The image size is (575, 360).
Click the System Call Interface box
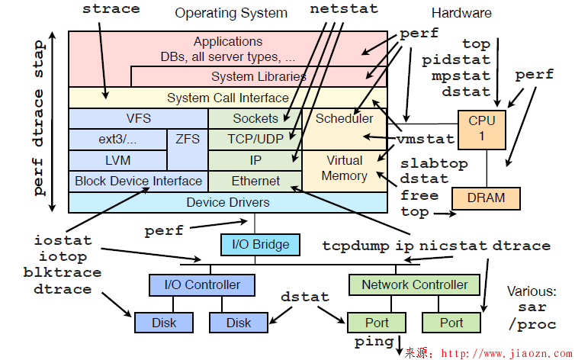(227, 98)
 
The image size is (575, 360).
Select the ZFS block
(188, 140)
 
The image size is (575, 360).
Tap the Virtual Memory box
(344, 169)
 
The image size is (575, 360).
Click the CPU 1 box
(481, 129)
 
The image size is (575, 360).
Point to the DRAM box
(486, 198)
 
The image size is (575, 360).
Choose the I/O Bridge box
(260, 244)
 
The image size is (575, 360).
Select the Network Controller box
(415, 284)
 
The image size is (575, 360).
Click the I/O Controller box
(202, 284)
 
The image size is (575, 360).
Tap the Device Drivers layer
(227, 202)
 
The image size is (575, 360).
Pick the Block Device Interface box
(138, 181)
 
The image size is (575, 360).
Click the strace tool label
(111, 9)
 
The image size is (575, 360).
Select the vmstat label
(425, 140)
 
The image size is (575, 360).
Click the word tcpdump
(356, 246)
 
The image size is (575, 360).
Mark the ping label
(374, 341)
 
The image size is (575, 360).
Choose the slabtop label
(434, 163)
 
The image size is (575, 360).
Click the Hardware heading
(461, 13)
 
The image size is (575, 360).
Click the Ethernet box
(255, 181)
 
